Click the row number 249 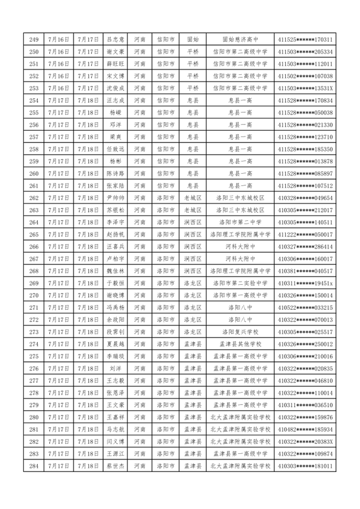point(34,40)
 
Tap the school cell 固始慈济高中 point(240,40)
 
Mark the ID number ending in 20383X point(305,441)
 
